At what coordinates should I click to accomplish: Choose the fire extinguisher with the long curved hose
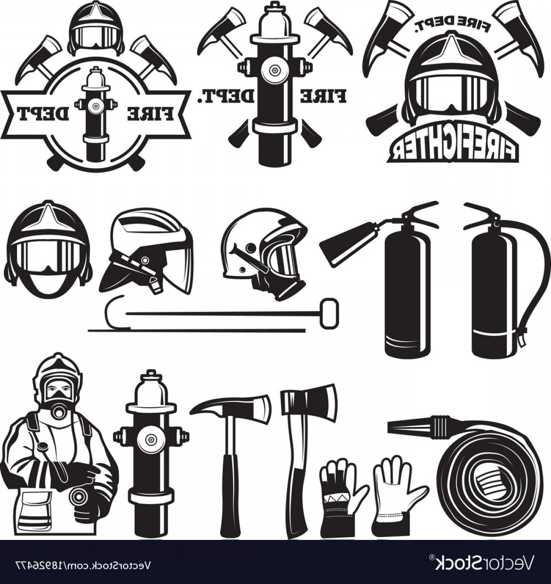coord(506,279)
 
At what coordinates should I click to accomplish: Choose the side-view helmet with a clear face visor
coord(146,253)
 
